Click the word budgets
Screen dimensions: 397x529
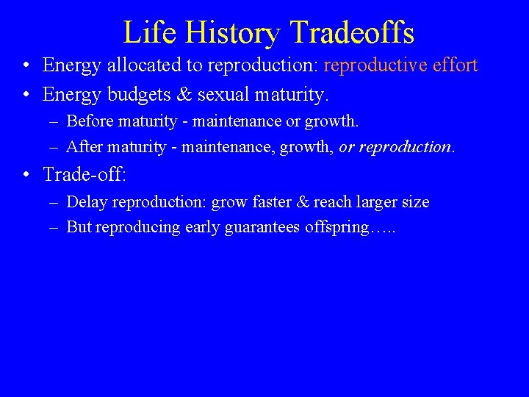(x=140, y=95)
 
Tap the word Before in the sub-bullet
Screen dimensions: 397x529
(x=89, y=121)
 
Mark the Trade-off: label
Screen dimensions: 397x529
(x=84, y=174)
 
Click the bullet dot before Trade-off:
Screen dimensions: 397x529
(x=26, y=175)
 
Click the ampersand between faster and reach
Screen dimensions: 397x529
(x=302, y=201)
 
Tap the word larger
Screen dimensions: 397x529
(x=378, y=202)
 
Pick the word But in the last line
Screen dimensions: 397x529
(x=79, y=227)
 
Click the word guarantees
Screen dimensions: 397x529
(x=264, y=227)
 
